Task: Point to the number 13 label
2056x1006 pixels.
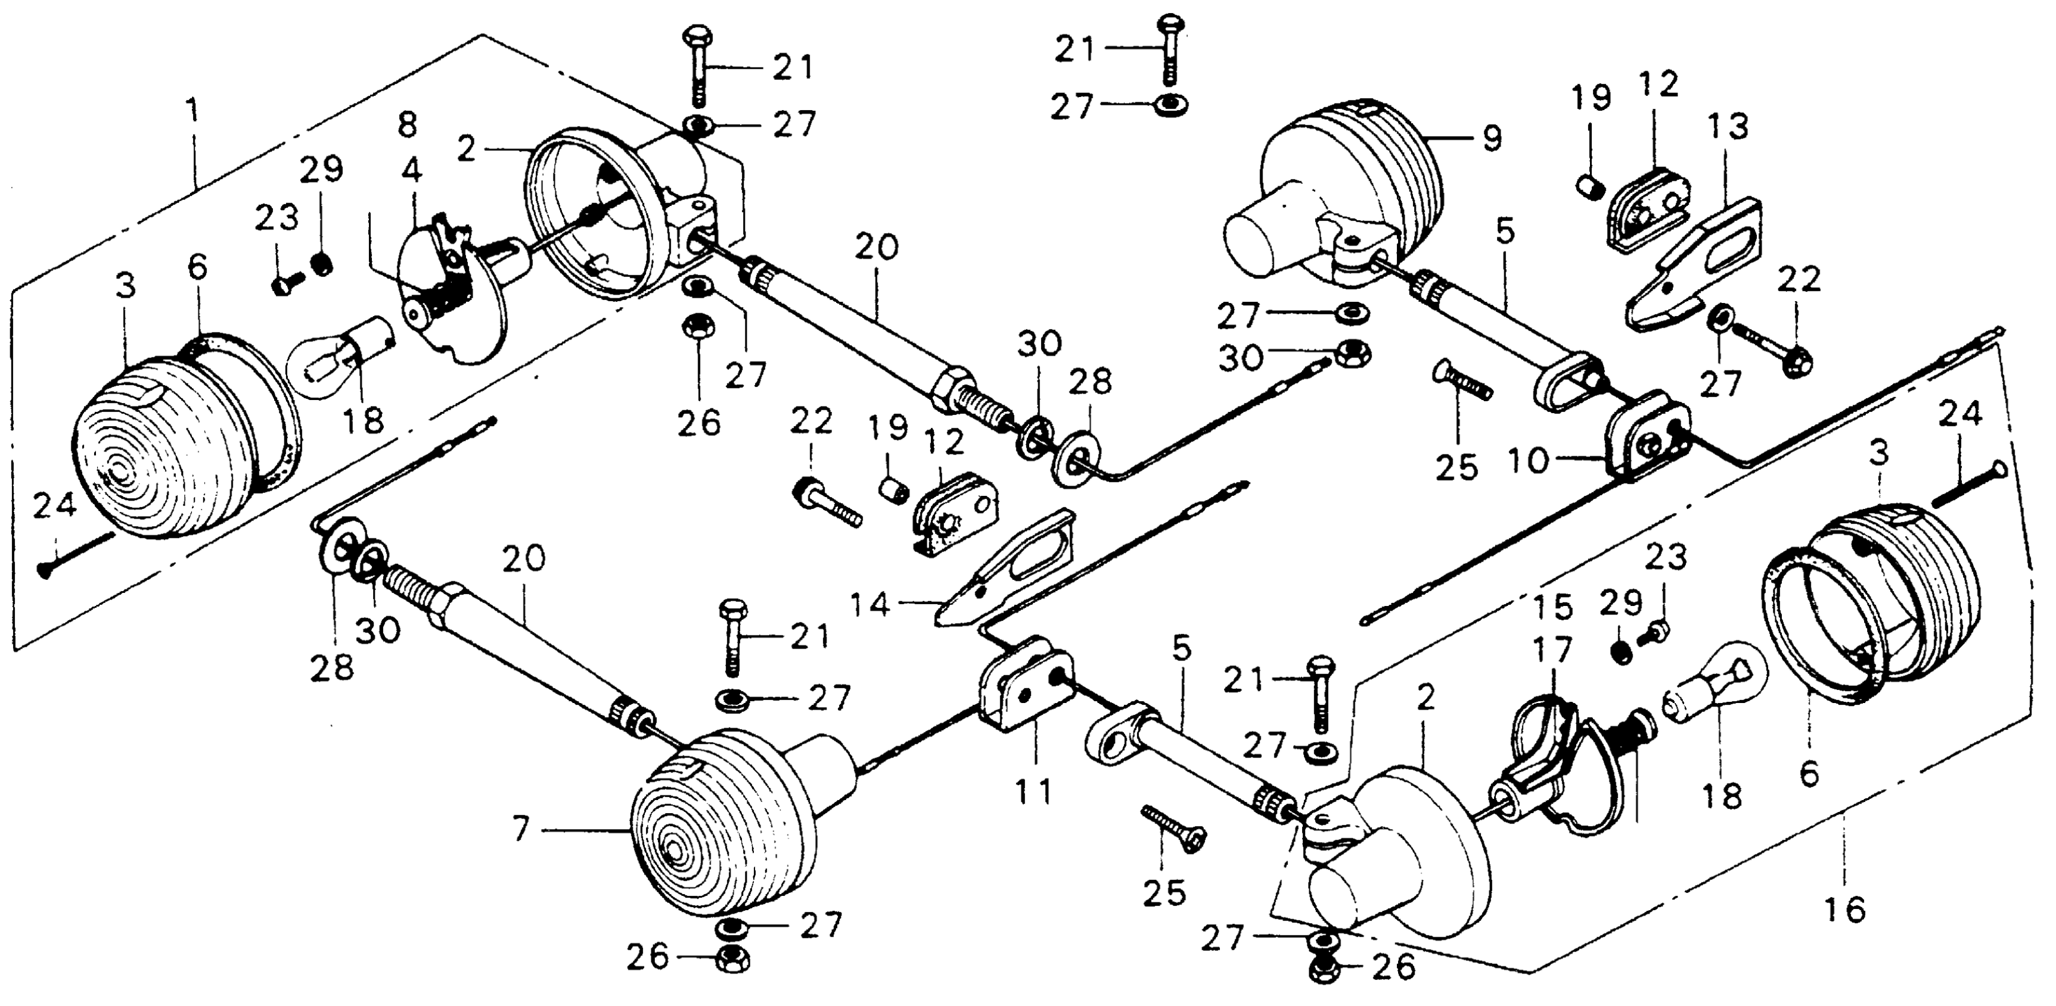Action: point(1728,126)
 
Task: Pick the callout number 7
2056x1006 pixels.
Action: point(521,830)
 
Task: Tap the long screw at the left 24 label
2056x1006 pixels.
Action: point(76,554)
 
